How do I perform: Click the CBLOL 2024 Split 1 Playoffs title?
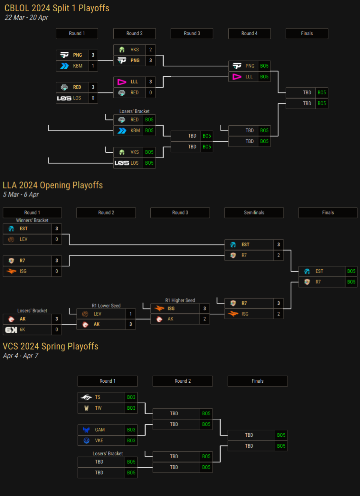click(57, 8)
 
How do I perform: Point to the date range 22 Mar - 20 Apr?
click(26, 18)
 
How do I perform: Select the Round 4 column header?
click(249, 33)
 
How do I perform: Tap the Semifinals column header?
click(254, 213)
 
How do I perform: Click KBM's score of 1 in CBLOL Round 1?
click(93, 66)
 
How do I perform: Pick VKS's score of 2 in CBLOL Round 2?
click(150, 50)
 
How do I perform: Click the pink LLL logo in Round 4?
click(237, 77)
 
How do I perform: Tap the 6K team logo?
click(11, 330)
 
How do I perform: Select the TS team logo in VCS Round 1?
click(86, 397)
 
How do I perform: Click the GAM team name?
click(100, 430)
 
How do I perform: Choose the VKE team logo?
click(87, 440)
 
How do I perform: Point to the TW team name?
click(98, 408)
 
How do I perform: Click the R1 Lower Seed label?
click(106, 306)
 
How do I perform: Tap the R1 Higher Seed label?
click(180, 301)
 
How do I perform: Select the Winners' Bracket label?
click(32, 221)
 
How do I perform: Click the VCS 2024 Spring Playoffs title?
click(51, 346)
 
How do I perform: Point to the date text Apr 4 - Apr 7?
click(21, 356)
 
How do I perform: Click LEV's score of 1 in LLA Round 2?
click(130, 314)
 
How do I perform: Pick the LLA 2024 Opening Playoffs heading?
click(52, 185)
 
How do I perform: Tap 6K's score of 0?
click(57, 330)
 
